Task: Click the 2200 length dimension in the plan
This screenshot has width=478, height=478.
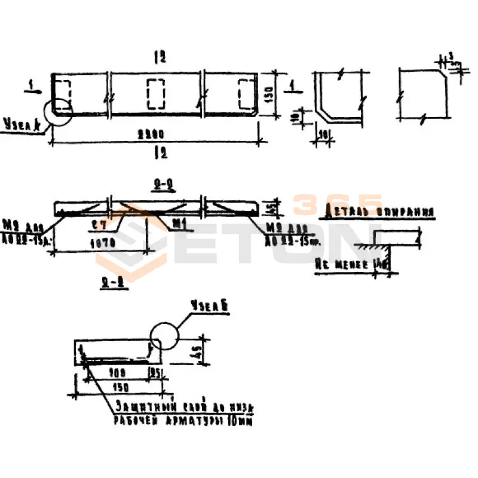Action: pos(154,134)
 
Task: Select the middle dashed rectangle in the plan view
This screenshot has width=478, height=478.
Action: pos(156,93)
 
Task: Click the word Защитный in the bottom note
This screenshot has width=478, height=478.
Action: pos(139,406)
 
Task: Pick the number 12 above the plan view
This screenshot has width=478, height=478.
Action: pos(158,57)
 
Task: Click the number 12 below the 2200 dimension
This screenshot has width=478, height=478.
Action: pos(158,153)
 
